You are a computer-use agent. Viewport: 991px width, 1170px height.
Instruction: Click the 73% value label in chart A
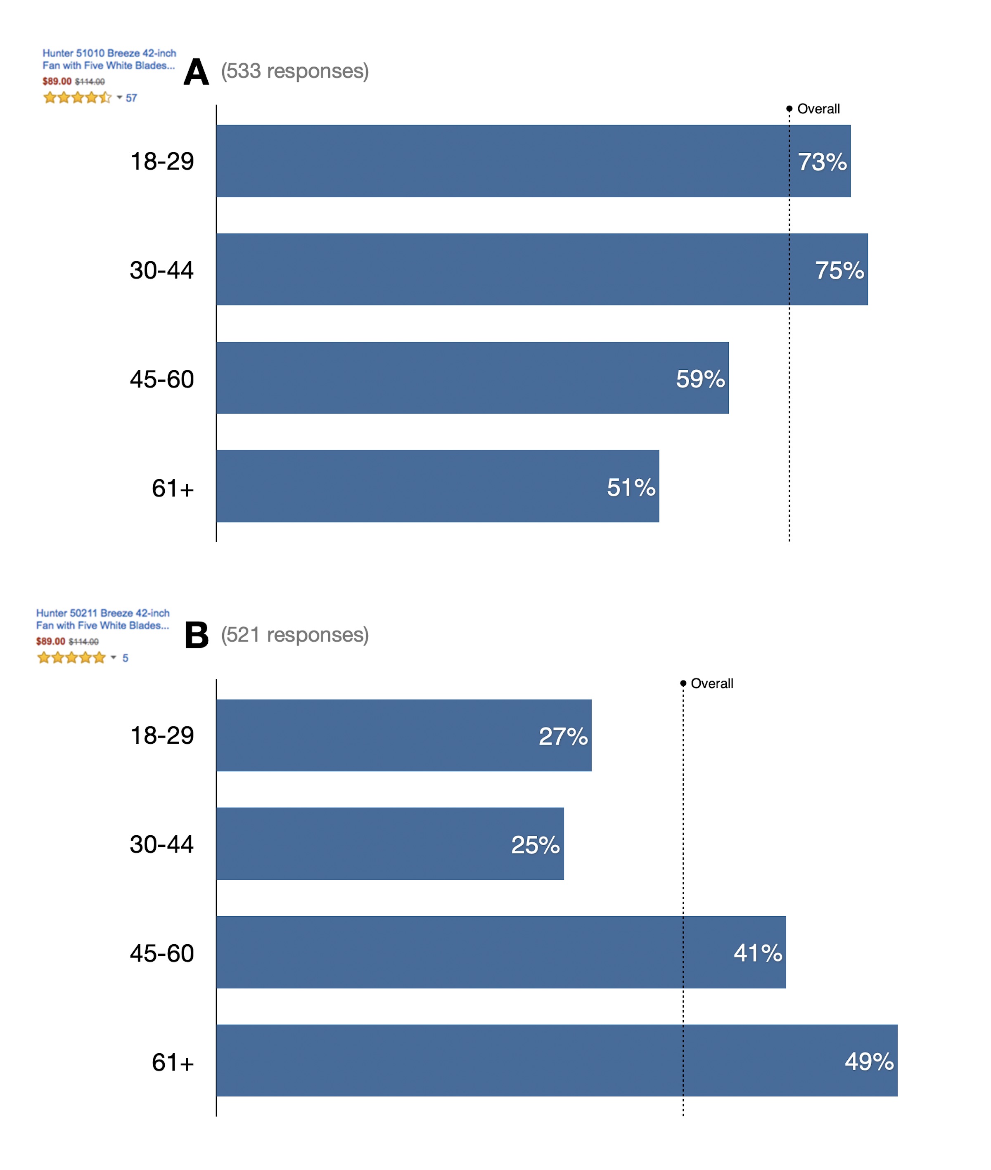[x=822, y=162]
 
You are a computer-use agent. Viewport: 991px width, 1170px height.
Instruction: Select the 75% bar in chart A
[x=542, y=269]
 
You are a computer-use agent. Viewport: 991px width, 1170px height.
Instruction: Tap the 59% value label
[x=700, y=379]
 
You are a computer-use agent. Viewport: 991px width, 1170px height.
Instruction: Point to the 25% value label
[x=535, y=844]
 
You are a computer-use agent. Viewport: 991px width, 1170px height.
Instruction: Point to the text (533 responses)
[x=294, y=71]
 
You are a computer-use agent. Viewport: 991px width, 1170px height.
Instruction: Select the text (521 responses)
[x=294, y=635]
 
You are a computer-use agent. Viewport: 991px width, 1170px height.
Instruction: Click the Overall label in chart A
[x=818, y=109]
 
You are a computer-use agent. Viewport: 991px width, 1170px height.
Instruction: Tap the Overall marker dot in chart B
[x=683, y=683]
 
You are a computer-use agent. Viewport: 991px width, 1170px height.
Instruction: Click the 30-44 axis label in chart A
[x=162, y=270]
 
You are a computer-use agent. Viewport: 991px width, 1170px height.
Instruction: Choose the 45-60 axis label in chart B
[x=162, y=953]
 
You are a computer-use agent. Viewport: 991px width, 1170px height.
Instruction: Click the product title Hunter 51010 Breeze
[x=109, y=59]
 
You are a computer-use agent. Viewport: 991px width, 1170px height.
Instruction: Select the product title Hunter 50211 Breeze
[x=102, y=619]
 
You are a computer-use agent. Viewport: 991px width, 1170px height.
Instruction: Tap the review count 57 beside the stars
[x=131, y=98]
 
